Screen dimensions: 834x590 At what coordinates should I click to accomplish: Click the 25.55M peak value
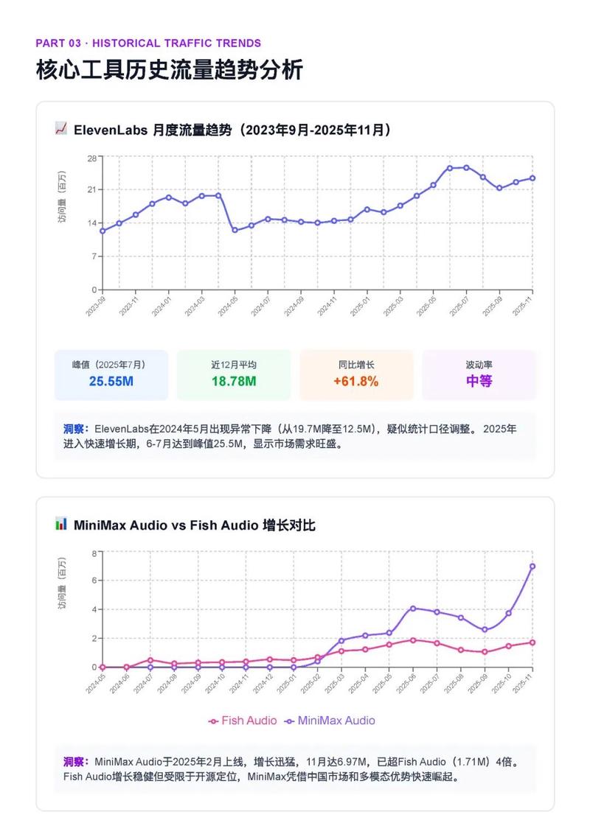[111, 381]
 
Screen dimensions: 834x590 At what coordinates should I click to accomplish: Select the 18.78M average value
[234, 381]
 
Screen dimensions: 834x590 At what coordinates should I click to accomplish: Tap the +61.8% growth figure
[356, 381]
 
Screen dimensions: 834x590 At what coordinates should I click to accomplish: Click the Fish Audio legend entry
[243, 721]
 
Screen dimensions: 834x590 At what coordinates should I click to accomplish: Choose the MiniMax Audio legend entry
[330, 721]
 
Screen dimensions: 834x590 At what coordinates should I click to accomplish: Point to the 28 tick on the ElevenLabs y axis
[92, 158]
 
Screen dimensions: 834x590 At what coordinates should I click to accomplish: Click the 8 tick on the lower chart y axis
[94, 553]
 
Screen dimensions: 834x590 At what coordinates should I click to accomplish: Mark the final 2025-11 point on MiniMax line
[532, 567]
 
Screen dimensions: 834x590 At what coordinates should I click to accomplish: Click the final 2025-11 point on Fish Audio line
[532, 642]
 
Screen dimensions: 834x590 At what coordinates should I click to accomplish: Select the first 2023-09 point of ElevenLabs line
[103, 231]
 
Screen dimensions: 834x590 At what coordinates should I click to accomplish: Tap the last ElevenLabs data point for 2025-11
[532, 178]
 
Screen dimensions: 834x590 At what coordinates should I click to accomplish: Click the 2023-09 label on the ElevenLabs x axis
[95, 305]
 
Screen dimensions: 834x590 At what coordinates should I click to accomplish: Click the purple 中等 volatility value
[479, 381]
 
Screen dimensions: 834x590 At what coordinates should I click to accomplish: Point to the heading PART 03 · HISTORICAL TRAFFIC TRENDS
[148, 43]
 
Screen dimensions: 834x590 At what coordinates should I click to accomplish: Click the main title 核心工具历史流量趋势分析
[170, 70]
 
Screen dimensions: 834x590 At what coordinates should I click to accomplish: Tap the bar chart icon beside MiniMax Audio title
[61, 524]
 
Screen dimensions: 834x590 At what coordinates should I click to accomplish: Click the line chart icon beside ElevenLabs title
[61, 129]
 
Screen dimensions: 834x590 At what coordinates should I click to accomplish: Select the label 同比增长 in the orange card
[356, 364]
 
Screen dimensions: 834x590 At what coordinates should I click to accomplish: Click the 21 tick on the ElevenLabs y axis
[92, 190]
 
